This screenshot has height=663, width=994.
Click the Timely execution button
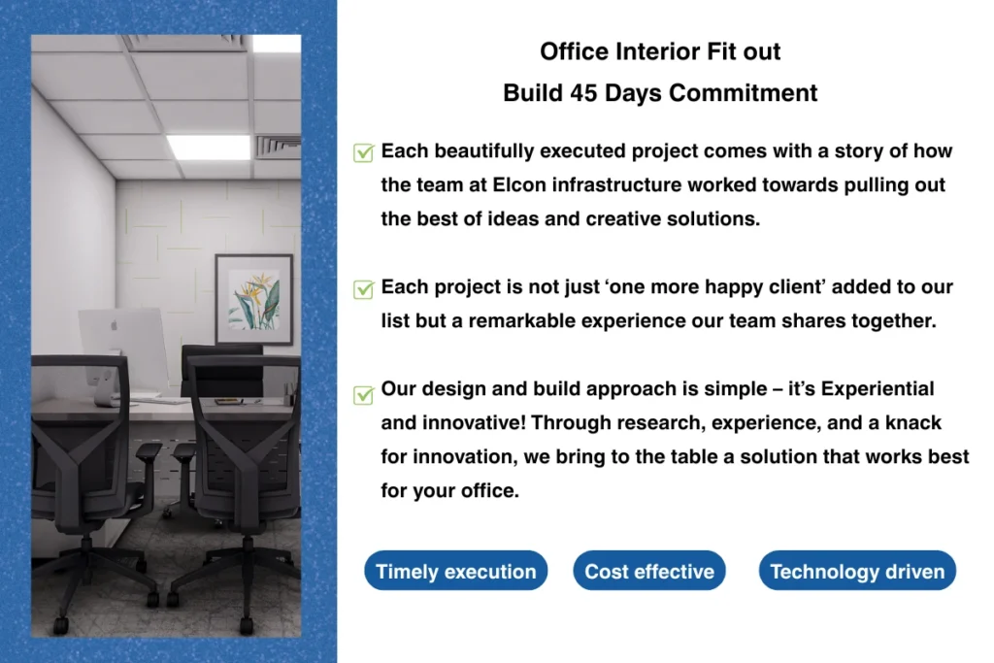456,571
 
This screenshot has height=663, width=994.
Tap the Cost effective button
649,571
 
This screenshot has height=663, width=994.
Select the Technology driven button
857,571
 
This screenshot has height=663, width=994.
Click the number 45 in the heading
583,93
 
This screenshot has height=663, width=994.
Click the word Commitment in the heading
743,93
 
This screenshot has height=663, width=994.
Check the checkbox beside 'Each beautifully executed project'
363,152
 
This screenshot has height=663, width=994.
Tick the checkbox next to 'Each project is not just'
363,289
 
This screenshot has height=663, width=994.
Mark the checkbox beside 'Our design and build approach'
363,395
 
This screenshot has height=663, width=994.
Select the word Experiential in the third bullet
878,389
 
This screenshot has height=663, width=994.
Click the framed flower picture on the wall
254,299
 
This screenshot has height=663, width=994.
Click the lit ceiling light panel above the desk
210,147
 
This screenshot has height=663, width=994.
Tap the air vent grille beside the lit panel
278,147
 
